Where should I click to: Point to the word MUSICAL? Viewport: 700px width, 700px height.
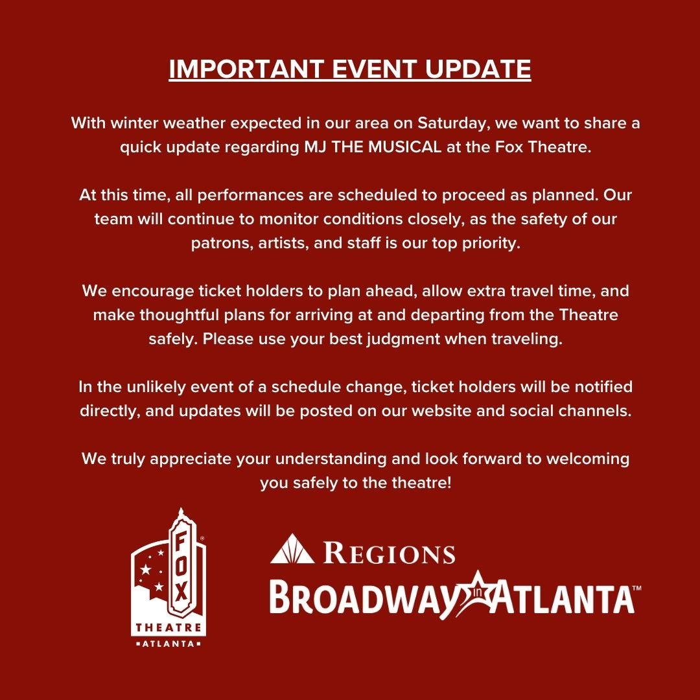click(x=393, y=147)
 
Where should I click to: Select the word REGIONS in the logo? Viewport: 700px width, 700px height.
click(x=389, y=553)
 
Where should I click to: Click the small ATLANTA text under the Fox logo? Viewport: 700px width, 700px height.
click(x=169, y=644)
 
